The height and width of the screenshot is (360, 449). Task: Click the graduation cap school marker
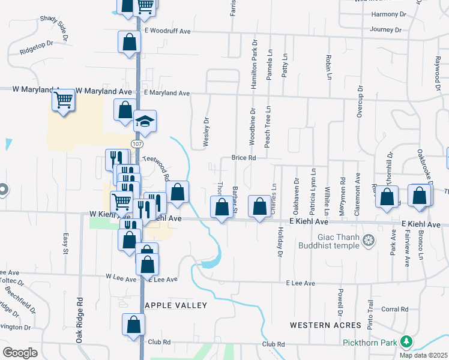145,122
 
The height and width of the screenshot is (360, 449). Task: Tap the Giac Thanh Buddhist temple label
327,241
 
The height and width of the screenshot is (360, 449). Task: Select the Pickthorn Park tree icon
407,342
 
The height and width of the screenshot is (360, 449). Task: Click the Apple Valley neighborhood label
177,305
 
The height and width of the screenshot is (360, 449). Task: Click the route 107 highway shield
137,145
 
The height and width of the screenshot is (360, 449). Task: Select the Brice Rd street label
244,158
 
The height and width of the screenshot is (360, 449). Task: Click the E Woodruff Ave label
167,29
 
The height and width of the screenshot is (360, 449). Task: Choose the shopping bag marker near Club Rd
134,325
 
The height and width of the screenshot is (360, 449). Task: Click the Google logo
20,352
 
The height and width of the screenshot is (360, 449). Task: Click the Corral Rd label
394,310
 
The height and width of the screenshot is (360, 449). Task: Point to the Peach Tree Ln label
268,127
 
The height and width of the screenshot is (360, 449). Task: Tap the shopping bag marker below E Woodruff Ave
129,43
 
